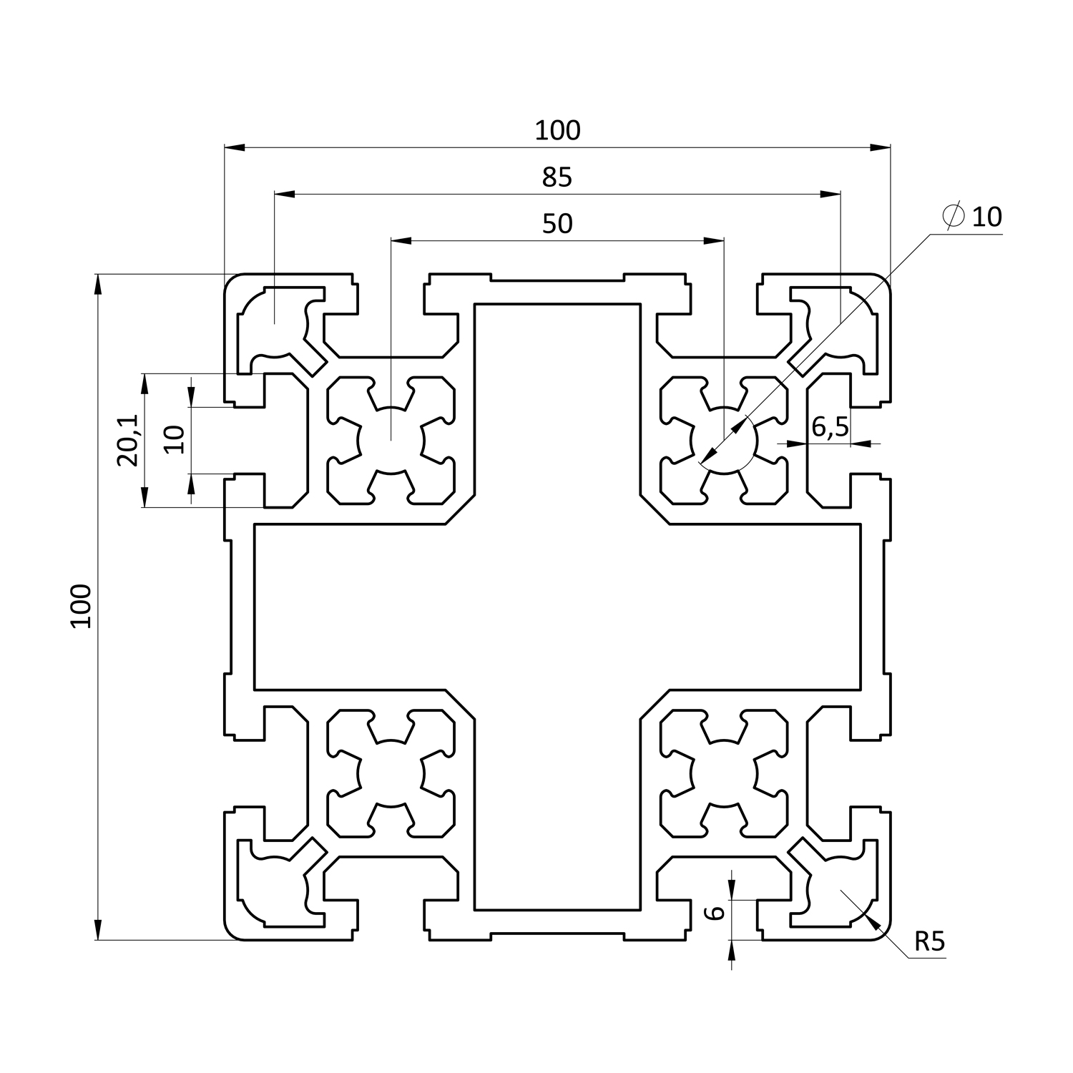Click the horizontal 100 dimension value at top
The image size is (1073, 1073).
557,131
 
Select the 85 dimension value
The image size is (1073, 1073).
557,177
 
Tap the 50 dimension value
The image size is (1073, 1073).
557,224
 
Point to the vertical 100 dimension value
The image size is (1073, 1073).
82,606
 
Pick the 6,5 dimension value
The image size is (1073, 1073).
830,427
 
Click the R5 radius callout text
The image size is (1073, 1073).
929,942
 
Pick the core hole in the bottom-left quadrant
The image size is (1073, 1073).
391,774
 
